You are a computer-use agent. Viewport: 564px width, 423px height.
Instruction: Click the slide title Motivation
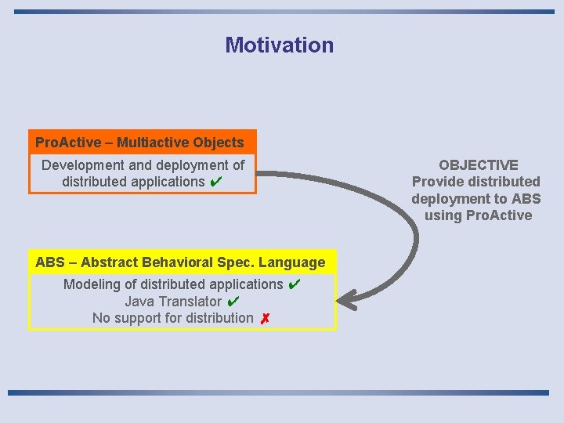pyautogui.click(x=279, y=45)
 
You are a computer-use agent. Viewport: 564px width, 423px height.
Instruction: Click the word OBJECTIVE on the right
pyautogui.click(x=478, y=165)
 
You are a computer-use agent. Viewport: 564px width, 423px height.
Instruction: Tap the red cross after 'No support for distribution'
pyautogui.click(x=266, y=319)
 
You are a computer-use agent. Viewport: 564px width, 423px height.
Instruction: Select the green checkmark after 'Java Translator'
pyautogui.click(x=233, y=302)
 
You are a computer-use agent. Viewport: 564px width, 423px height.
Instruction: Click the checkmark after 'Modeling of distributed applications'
pyautogui.click(x=294, y=284)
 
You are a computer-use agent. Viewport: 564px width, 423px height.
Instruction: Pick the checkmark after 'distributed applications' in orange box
pyautogui.click(x=216, y=182)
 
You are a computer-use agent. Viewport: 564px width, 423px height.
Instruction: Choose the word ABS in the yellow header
pyautogui.click(x=50, y=262)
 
